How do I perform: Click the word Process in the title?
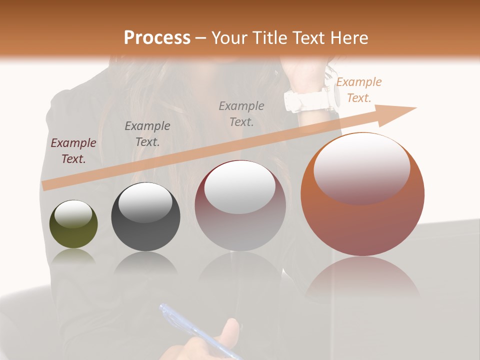pyautogui.click(x=157, y=38)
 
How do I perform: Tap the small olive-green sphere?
pyautogui.click(x=73, y=224)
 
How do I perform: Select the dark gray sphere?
pyautogui.click(x=145, y=217)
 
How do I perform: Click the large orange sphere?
pyautogui.click(x=362, y=195)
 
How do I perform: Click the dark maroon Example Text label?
pyautogui.click(x=73, y=151)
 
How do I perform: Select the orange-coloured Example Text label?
pyautogui.click(x=358, y=90)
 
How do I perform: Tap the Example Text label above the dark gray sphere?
pyautogui.click(x=147, y=133)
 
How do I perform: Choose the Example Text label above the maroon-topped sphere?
pyautogui.click(x=241, y=113)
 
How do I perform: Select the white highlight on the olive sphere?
pyautogui.click(x=73, y=213)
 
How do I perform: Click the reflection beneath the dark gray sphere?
pyautogui.click(x=145, y=263)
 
